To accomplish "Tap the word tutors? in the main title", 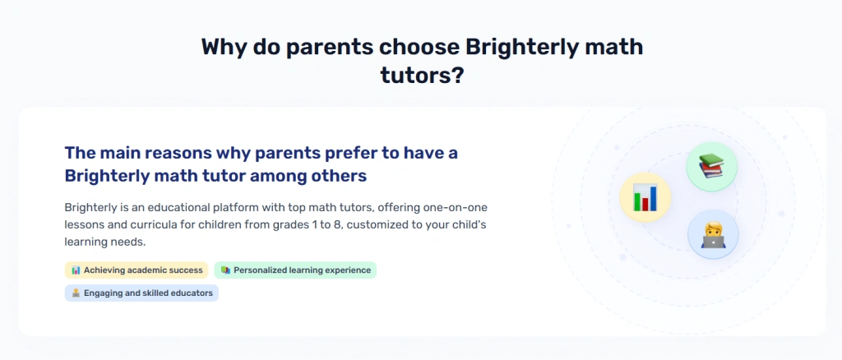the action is click(x=422, y=75).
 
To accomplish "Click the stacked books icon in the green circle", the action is click(x=711, y=166).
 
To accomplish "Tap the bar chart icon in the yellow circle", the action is click(x=645, y=197).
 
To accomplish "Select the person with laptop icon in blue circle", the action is click(x=713, y=234).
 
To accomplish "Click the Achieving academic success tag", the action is click(x=136, y=270).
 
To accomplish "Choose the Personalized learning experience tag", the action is click(x=295, y=270).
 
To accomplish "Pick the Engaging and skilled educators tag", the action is click(x=141, y=293).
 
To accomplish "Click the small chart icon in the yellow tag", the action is click(x=76, y=270).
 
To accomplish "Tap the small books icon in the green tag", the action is click(x=225, y=270).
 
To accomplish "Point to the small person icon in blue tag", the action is click(x=76, y=293).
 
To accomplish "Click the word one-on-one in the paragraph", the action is click(x=455, y=207).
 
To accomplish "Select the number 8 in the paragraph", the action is click(x=337, y=225).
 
